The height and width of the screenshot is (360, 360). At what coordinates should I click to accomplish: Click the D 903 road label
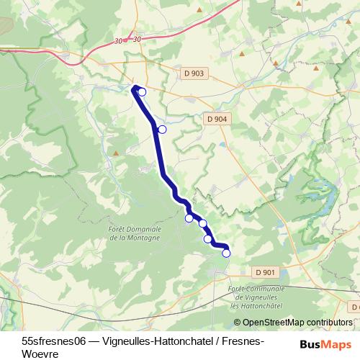pos(194,73)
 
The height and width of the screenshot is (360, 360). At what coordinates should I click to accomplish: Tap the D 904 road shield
pos(216,120)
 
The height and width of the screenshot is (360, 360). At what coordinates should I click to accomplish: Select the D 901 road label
pos(265,271)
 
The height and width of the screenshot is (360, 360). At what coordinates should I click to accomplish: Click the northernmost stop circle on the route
pos(142,91)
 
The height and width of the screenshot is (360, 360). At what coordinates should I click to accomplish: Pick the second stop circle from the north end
pos(162,129)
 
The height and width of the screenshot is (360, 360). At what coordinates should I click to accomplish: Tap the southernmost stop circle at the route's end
pos(226,253)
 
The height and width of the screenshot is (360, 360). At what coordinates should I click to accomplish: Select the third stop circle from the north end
pos(189,218)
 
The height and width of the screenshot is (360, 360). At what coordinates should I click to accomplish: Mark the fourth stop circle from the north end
pos(202,223)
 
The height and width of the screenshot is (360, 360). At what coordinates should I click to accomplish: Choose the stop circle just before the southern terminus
pos(208,239)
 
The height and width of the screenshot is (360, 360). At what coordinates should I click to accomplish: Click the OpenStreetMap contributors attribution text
pos(297,323)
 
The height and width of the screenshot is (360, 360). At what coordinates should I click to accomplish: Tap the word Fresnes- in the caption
pos(242,340)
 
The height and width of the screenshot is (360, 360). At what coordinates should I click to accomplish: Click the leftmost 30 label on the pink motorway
pos(118,41)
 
